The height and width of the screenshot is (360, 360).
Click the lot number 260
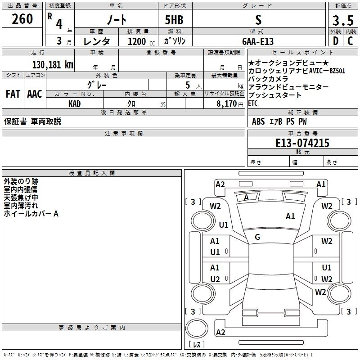point(22,19)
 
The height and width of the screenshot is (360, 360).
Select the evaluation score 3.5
point(342,21)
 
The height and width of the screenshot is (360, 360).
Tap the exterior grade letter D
point(335,40)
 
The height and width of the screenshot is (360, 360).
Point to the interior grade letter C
point(350,40)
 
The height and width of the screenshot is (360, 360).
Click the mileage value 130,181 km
point(53,64)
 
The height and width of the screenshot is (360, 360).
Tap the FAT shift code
point(12,94)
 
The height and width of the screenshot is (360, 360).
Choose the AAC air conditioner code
point(35,94)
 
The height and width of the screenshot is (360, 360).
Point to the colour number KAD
point(75,103)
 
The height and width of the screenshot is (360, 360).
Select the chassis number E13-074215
point(302,143)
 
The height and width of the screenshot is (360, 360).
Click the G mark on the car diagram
point(257,237)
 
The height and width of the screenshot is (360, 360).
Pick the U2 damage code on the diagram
point(215,279)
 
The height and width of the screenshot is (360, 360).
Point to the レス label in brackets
point(196,345)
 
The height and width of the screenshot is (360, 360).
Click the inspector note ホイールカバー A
point(31,214)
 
